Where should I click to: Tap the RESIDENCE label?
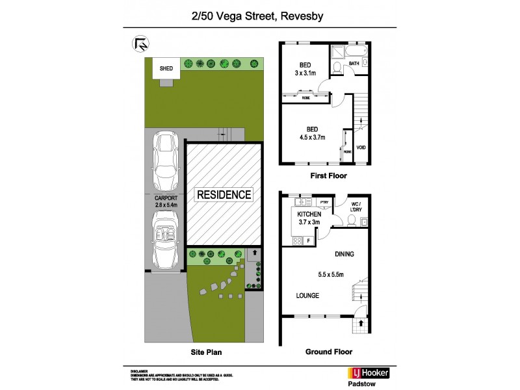(x=224, y=194)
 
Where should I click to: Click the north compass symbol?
(x=140, y=44)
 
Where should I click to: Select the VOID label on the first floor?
(x=361, y=147)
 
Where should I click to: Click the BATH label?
(x=354, y=64)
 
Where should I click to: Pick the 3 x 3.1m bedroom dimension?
(x=305, y=73)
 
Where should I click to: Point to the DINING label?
(x=344, y=254)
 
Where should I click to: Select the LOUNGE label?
(x=307, y=296)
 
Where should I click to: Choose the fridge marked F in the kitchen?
(x=308, y=241)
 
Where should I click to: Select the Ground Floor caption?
(x=328, y=352)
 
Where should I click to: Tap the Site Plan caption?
(x=204, y=352)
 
